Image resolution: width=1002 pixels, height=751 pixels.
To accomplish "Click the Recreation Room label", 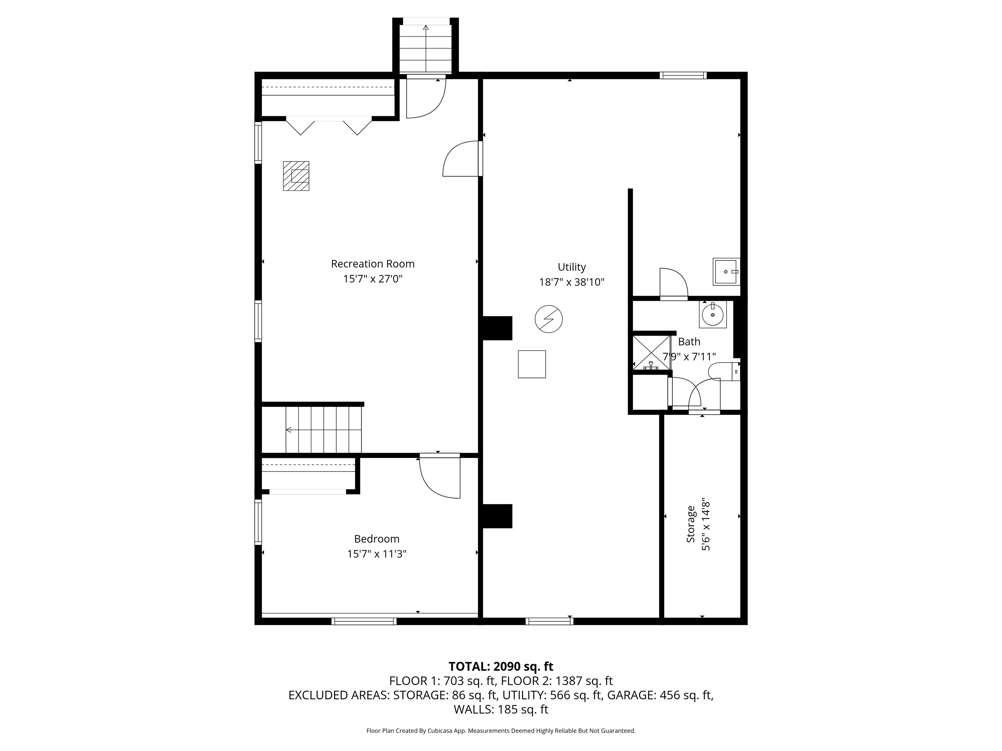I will click(x=372, y=263).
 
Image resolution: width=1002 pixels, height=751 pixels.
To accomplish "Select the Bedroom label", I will click(x=376, y=539).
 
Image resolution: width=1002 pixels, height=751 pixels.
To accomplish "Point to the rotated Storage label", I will click(x=691, y=524).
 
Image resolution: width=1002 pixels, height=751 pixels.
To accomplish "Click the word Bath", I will click(x=689, y=342).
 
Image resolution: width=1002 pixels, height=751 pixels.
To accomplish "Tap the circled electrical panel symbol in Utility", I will click(x=549, y=319).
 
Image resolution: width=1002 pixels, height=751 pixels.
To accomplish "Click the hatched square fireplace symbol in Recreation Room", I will click(x=296, y=176).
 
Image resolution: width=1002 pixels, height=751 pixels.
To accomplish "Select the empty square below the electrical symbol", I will click(x=532, y=364).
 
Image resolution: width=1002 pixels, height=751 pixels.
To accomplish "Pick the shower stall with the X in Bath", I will click(x=651, y=352).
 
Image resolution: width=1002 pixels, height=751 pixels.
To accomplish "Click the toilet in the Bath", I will click(x=725, y=371).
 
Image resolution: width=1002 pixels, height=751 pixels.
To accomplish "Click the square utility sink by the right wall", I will click(x=726, y=272).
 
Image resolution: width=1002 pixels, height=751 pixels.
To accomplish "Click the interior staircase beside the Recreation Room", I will click(x=324, y=429).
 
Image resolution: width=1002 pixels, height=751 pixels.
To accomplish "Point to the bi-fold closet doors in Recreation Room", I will click(x=329, y=125).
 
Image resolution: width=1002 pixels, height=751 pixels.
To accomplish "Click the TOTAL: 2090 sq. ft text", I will click(x=501, y=666).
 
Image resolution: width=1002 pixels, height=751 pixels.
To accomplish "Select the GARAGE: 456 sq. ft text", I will click(x=660, y=695).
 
